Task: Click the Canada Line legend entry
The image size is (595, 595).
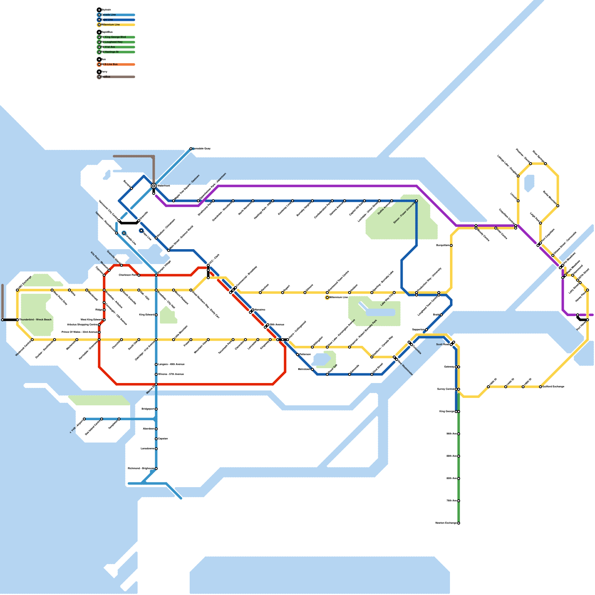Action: point(108,15)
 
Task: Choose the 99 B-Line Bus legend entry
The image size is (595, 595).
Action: point(110,64)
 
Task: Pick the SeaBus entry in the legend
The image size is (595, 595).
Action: point(106,77)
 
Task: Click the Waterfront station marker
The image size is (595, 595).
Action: point(154,186)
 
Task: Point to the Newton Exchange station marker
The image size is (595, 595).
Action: point(459,523)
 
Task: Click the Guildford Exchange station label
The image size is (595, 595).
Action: point(553,387)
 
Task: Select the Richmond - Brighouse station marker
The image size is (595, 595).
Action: point(156,469)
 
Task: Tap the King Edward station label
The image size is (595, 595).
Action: point(147,315)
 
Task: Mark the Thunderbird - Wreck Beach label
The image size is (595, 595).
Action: point(35,320)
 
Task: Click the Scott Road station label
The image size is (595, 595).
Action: point(443,345)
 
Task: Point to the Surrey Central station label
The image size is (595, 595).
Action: point(446,389)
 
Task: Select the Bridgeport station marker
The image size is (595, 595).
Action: point(156,409)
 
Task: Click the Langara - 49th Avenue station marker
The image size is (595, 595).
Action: point(156,364)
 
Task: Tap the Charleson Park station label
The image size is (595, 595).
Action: point(128,275)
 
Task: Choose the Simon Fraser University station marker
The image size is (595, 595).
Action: point(416,201)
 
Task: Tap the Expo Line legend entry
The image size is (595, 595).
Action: point(107,20)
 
